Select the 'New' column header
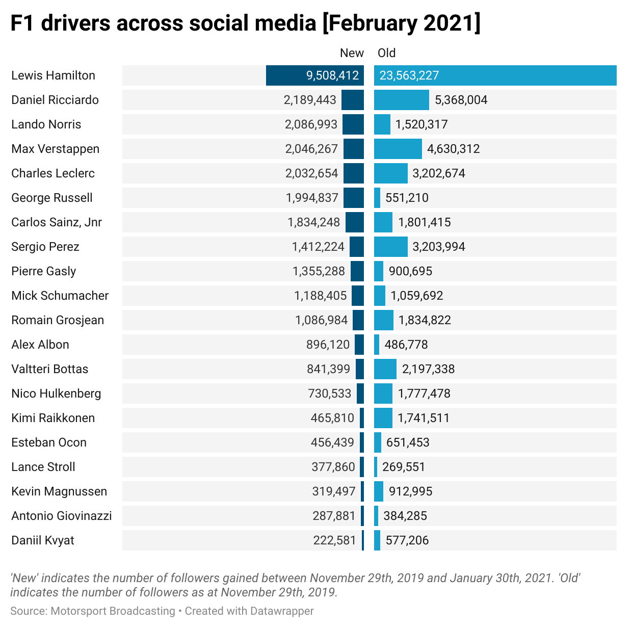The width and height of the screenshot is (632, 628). point(352,53)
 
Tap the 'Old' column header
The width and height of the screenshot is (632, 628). point(386,53)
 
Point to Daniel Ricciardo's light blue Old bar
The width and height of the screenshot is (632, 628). point(401,100)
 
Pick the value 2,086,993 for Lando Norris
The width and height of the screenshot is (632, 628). point(311,124)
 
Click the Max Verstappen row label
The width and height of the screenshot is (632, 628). point(55,149)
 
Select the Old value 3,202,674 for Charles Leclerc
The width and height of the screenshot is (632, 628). point(439,173)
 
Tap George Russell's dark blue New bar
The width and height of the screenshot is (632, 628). point(354,198)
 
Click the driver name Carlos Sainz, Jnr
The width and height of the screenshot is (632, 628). point(57,222)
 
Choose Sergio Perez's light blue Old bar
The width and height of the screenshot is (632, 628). point(390,247)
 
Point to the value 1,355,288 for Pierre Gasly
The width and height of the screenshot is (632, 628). point(319,271)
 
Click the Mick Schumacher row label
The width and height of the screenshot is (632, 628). point(60,296)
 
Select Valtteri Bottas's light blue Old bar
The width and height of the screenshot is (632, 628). point(385,369)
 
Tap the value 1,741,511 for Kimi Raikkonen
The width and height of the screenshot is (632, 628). point(424,418)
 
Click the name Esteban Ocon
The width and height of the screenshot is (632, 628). point(49,442)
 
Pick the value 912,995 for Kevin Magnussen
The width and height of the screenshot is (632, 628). point(410,491)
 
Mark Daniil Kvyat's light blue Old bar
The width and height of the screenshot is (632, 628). point(377,540)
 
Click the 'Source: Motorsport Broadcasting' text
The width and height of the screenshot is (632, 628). point(92,611)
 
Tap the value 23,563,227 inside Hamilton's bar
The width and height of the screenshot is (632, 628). point(409,75)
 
